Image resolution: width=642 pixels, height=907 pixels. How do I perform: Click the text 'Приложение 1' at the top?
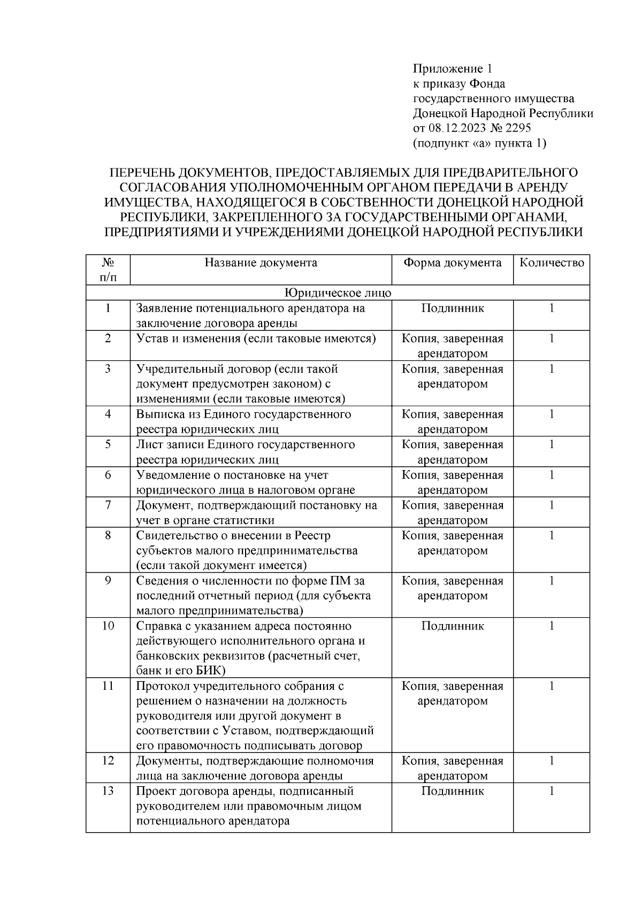(452, 68)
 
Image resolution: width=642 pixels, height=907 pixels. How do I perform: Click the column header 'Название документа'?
(261, 263)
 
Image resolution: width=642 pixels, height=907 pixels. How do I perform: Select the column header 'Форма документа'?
(452, 263)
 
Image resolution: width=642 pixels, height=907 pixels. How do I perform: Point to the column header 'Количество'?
(552, 263)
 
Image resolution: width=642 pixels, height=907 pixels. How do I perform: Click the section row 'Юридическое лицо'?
(338, 293)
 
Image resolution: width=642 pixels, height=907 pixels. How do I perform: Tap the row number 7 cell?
(108, 505)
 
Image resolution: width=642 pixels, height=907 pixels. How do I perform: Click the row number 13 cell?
(108, 791)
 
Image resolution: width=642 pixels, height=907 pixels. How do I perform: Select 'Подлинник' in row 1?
(452, 309)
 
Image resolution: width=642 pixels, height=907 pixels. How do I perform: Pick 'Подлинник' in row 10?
(452, 626)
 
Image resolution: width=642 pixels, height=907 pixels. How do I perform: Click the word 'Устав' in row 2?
(152, 339)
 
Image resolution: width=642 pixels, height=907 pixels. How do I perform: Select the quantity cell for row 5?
(552, 445)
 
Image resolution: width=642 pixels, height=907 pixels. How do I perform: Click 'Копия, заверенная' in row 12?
(452, 761)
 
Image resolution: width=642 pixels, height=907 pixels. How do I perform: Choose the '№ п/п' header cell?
(108, 270)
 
